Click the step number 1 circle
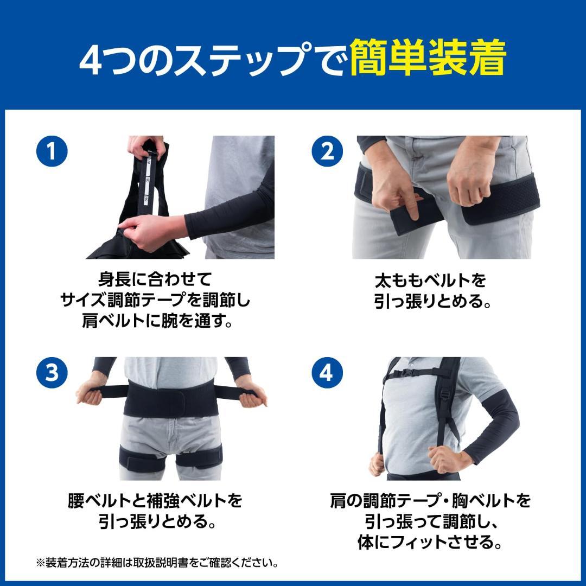[52, 151]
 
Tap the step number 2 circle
[328, 151]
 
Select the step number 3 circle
[52, 373]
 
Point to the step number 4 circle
[328, 373]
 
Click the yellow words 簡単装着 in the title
[428, 58]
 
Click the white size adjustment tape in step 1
[147, 179]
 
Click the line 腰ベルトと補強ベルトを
[155, 500]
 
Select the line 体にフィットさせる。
[429, 542]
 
